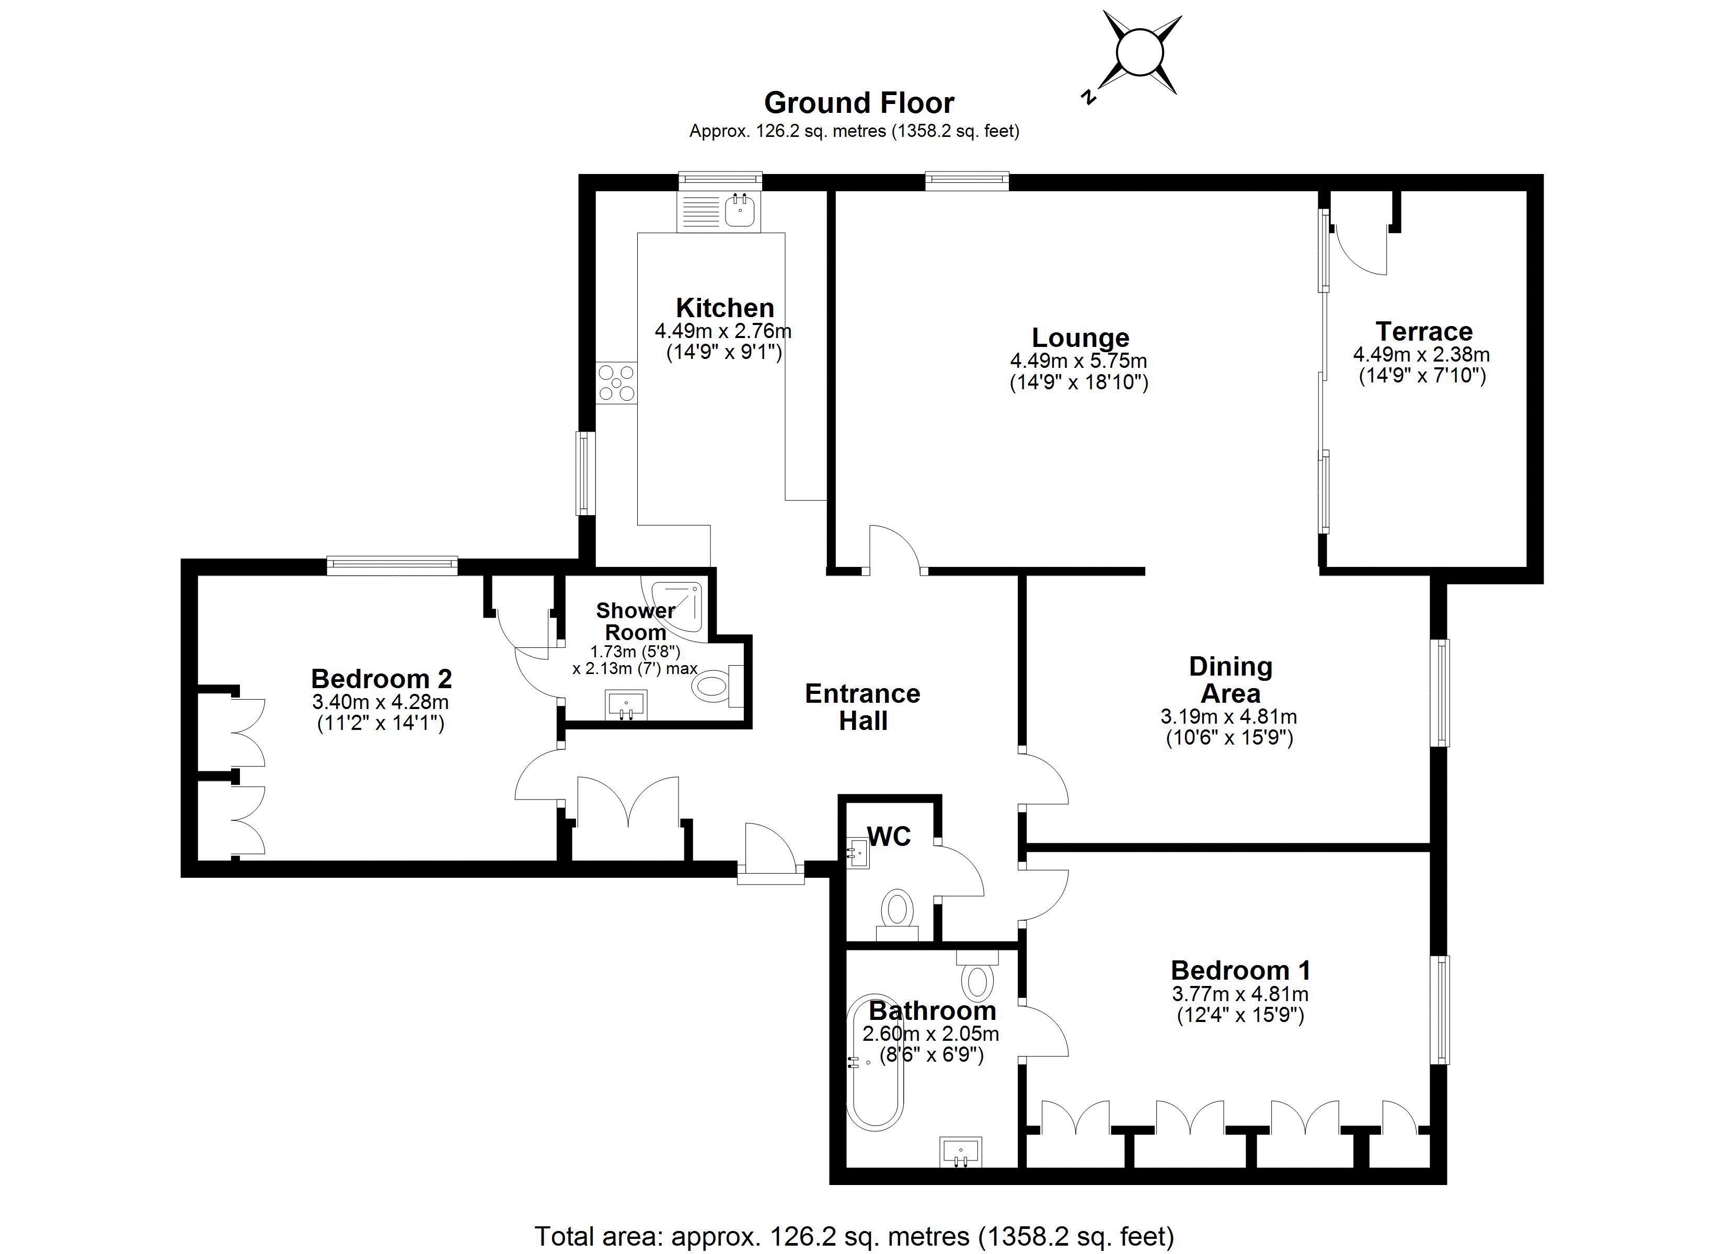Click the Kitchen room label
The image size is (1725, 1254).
725,308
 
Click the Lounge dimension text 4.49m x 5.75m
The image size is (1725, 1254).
1078,361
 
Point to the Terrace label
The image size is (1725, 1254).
1424,332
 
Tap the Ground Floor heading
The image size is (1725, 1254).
859,102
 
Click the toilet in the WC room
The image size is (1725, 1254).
898,915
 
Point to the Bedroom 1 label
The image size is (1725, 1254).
1240,970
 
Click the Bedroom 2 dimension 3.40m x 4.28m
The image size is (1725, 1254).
381,702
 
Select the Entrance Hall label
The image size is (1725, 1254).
862,707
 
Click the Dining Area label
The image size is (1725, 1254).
1230,680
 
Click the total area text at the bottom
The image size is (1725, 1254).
855,1236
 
